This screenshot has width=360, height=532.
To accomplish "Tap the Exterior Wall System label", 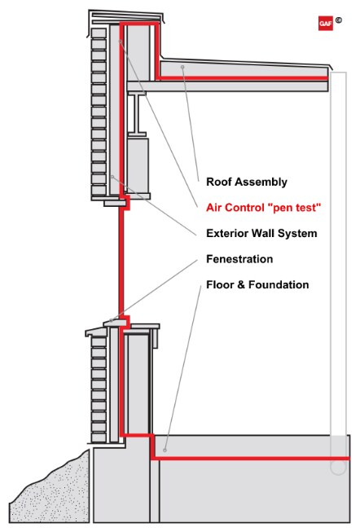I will [x=261, y=233].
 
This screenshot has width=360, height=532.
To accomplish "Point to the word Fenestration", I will [x=239, y=259].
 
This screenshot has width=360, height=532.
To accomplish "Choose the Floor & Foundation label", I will [x=257, y=285].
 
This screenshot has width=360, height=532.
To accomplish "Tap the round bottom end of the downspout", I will [x=337, y=468].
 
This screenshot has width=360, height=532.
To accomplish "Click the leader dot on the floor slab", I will [x=165, y=449].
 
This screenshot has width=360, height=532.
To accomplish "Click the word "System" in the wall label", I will [x=297, y=233].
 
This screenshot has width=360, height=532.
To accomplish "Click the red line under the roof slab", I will [x=244, y=78].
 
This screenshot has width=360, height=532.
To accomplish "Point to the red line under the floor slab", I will [x=244, y=459].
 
